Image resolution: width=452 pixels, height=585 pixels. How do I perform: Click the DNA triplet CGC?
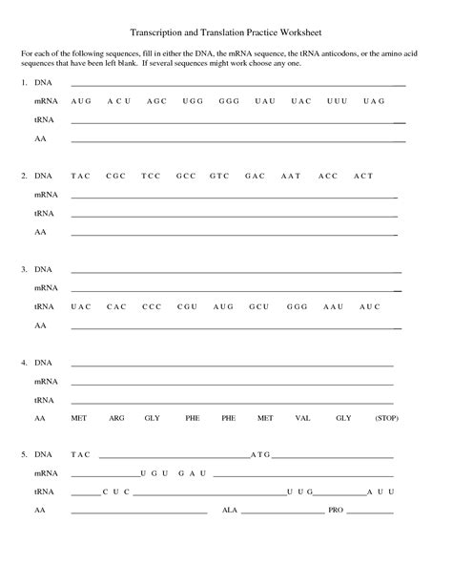click(116, 177)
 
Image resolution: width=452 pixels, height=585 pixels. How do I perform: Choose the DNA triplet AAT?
click(291, 177)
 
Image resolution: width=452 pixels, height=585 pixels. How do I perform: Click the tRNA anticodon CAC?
click(116, 306)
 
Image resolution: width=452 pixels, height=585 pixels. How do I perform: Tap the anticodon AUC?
click(370, 306)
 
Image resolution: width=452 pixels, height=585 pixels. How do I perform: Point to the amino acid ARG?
click(116, 418)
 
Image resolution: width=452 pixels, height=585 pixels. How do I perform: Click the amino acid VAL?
click(303, 418)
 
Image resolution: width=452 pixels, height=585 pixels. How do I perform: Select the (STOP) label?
click(386, 418)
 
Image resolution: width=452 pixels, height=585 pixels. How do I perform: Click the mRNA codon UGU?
click(154, 473)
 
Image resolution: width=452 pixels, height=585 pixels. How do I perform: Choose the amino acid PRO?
click(335, 511)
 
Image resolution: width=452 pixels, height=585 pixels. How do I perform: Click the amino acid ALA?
click(230, 511)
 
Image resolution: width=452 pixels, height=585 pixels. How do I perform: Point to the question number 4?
click(22, 364)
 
